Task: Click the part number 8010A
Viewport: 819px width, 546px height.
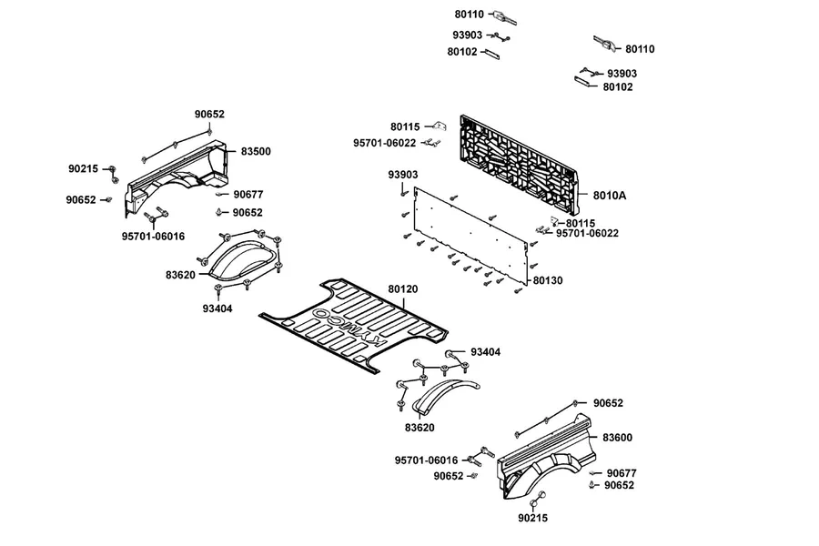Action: (x=610, y=196)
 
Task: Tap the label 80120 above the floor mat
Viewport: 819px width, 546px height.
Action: (x=403, y=289)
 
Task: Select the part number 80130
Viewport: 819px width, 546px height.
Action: (x=548, y=280)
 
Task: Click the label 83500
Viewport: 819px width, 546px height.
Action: (x=256, y=152)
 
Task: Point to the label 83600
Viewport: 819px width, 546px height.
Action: (x=617, y=438)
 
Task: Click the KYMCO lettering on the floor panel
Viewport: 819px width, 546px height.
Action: (x=349, y=327)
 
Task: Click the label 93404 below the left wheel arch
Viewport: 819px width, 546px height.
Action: (x=217, y=308)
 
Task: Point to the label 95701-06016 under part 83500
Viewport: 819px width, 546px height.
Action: (x=153, y=237)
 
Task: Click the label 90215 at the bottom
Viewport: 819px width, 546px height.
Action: (x=532, y=518)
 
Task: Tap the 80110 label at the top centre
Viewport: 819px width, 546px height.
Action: (x=469, y=15)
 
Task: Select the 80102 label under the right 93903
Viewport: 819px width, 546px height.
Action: (x=618, y=87)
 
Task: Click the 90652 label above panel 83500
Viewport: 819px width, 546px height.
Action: (x=209, y=115)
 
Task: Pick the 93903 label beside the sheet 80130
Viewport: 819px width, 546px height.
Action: (x=403, y=175)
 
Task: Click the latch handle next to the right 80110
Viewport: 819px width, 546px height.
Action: (x=605, y=44)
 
